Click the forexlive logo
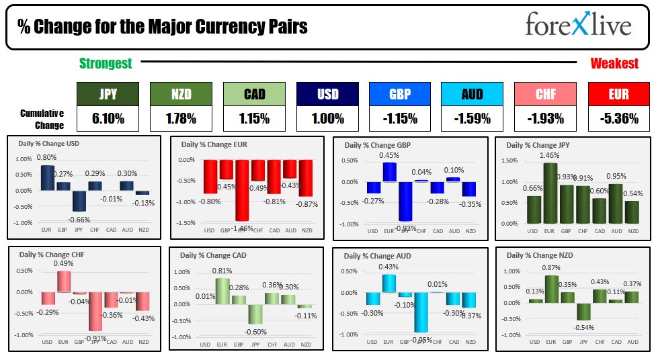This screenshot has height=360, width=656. [x=579, y=26]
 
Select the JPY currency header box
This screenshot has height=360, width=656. [x=108, y=94]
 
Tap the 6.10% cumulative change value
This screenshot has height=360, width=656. [x=108, y=119]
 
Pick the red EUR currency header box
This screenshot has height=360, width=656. [x=618, y=94]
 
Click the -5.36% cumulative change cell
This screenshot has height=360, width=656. [x=618, y=119]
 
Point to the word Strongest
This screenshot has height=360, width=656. [x=106, y=64]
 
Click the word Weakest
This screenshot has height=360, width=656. [x=614, y=64]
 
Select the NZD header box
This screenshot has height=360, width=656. [x=181, y=94]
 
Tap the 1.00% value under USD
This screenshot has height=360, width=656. [x=327, y=119]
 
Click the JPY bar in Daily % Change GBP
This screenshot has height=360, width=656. [x=405, y=201]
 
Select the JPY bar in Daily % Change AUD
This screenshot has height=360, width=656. [x=421, y=312]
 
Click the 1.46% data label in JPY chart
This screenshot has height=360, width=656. [x=550, y=155]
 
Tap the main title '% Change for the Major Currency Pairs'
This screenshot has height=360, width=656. [x=162, y=27]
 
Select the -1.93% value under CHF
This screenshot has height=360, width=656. [x=545, y=119]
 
